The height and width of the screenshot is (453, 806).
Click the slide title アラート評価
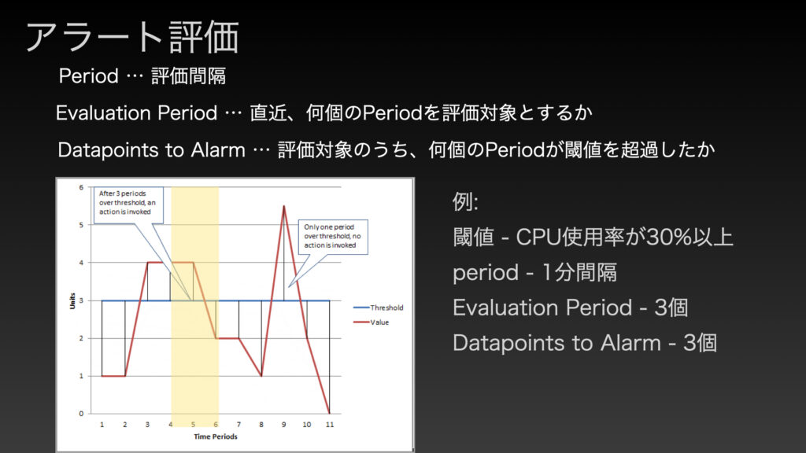coord(132,37)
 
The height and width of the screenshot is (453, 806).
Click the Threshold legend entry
coord(379,308)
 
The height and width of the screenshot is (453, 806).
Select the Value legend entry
coord(372,322)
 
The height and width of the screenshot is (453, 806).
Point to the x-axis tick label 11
coord(330,424)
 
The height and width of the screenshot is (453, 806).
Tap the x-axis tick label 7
coord(238,424)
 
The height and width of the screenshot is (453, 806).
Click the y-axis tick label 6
coord(81,187)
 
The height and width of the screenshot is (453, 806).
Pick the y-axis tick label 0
coord(81,414)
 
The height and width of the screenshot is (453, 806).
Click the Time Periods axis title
coord(216,436)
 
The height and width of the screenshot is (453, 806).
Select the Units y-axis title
coord(72,301)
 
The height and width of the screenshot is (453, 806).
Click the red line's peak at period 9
coord(283,206)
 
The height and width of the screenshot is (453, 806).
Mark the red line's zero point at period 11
coord(330,413)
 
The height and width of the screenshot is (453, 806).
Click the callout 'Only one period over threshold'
coord(333,237)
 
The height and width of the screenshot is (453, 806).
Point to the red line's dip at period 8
coord(261,376)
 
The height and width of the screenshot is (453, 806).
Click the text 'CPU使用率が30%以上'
coord(624,238)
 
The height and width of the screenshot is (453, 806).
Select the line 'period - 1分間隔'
coord(534,272)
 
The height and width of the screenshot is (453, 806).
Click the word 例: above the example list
coord(465,201)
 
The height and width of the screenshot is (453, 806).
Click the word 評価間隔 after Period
coord(189,76)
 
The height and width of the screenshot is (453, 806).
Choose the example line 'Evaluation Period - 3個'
coord(570,308)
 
